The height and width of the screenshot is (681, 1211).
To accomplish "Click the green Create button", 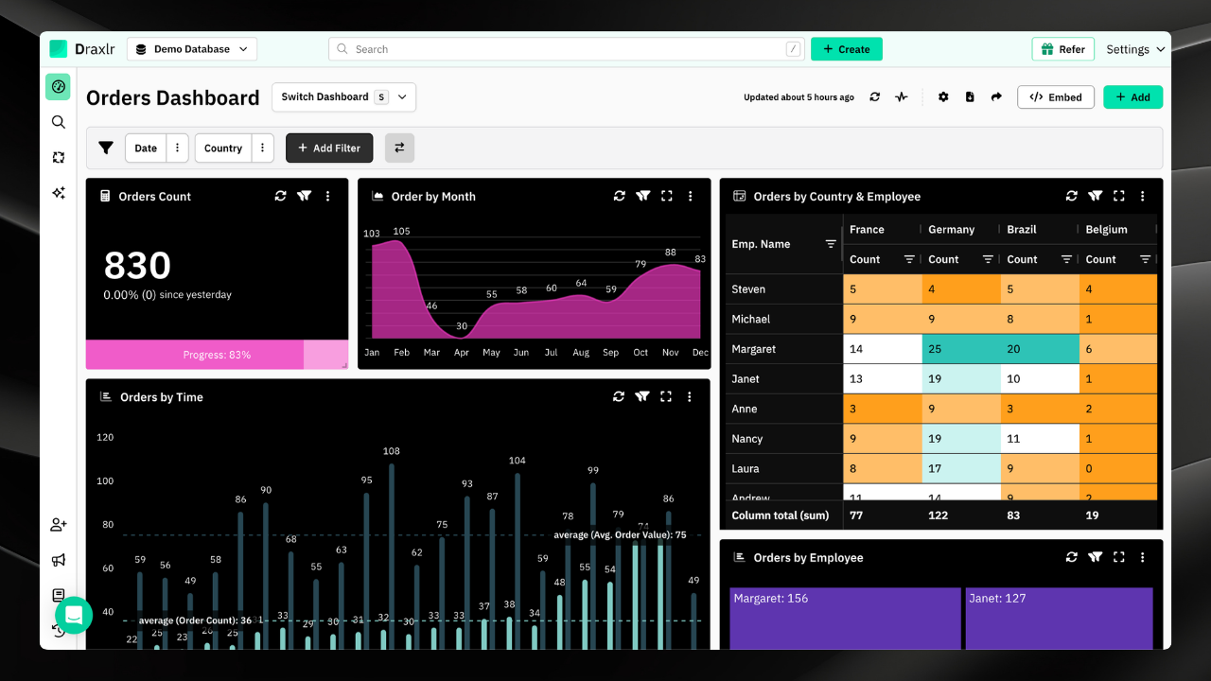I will coord(846,49).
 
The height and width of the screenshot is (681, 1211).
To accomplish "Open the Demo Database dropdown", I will coord(192,49).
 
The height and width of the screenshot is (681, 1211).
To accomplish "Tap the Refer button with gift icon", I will coord(1062,49).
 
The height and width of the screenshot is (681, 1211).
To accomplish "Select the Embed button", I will coord(1055,97).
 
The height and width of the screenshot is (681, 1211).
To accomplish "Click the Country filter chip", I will coord(223,148).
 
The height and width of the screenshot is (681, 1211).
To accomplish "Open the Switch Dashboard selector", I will coord(343,97).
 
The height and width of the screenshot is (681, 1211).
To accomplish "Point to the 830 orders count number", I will coord(137,266).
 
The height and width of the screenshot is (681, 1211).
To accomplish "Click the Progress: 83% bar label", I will coord(217,356).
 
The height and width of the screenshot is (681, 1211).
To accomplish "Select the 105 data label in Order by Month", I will coord(401,232).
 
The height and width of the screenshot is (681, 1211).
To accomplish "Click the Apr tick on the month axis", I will coord(461,353).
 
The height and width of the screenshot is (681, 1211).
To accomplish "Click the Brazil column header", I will coord(1022,230).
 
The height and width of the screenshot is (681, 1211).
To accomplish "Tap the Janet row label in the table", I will coord(746,379).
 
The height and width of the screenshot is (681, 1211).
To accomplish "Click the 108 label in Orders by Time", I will coord(391,452).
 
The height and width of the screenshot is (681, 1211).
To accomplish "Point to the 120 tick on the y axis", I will coord(105,438).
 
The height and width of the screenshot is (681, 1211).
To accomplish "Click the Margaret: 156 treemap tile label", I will coord(770,599).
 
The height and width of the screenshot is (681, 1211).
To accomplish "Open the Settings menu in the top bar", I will coord(1134,49).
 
